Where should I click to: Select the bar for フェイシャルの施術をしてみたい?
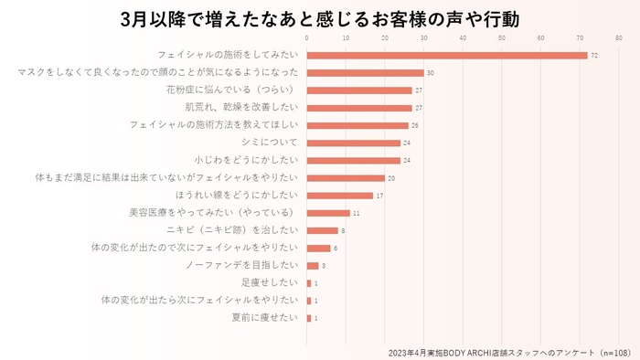pyautogui.click(x=446, y=56)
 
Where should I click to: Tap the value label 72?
pyautogui.click(x=594, y=56)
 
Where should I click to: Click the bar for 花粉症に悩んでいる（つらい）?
pyautogui.click(x=359, y=90)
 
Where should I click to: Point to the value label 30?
pyautogui.click(x=430, y=73)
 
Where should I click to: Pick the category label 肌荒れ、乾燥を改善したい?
pyautogui.click(x=241, y=108)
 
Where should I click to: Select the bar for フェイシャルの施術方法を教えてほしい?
pyautogui.click(x=357, y=125)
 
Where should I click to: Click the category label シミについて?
pyautogui.click(x=270, y=143)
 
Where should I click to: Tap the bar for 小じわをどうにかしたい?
pyautogui.click(x=353, y=160)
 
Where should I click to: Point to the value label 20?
pyautogui.click(x=391, y=177)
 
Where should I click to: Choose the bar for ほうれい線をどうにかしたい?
pyautogui.click(x=339, y=195)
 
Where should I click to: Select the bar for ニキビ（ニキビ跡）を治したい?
pyautogui.click(x=322, y=230)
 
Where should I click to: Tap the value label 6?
pyautogui.click(x=336, y=248)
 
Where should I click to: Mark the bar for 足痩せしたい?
pyautogui.click(x=309, y=282)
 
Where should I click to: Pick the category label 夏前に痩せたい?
pyautogui.click(x=266, y=317)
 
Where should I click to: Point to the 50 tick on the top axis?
pyautogui.click(x=503, y=38)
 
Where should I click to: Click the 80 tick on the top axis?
pyautogui.click(x=620, y=38)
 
